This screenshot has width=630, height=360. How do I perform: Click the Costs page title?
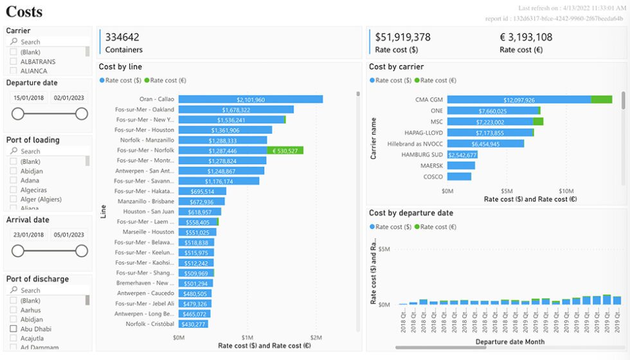point(24,11)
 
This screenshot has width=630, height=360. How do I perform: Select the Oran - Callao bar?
point(250,100)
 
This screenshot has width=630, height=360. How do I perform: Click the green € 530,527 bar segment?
point(285,150)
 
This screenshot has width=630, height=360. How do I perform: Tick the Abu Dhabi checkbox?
point(14,329)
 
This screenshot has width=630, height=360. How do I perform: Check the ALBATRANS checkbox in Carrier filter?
point(14,62)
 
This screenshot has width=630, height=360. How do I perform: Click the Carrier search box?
point(48,42)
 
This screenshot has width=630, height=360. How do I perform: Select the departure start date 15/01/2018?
point(28,98)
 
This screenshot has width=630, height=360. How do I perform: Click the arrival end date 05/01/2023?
point(69,235)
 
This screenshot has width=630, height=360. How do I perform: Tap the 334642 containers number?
point(122,37)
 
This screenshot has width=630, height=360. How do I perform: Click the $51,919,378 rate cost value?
point(402,37)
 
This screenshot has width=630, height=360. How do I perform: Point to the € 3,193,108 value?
point(526,37)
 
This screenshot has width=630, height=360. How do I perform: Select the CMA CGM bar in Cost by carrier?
point(519,100)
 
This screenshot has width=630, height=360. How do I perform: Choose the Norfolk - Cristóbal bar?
point(194,324)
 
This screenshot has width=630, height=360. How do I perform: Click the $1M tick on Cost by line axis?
point(248,337)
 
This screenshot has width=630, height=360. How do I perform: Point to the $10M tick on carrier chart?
point(566,191)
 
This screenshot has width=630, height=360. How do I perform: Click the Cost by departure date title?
point(411,213)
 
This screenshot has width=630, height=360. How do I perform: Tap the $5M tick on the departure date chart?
point(384,249)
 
